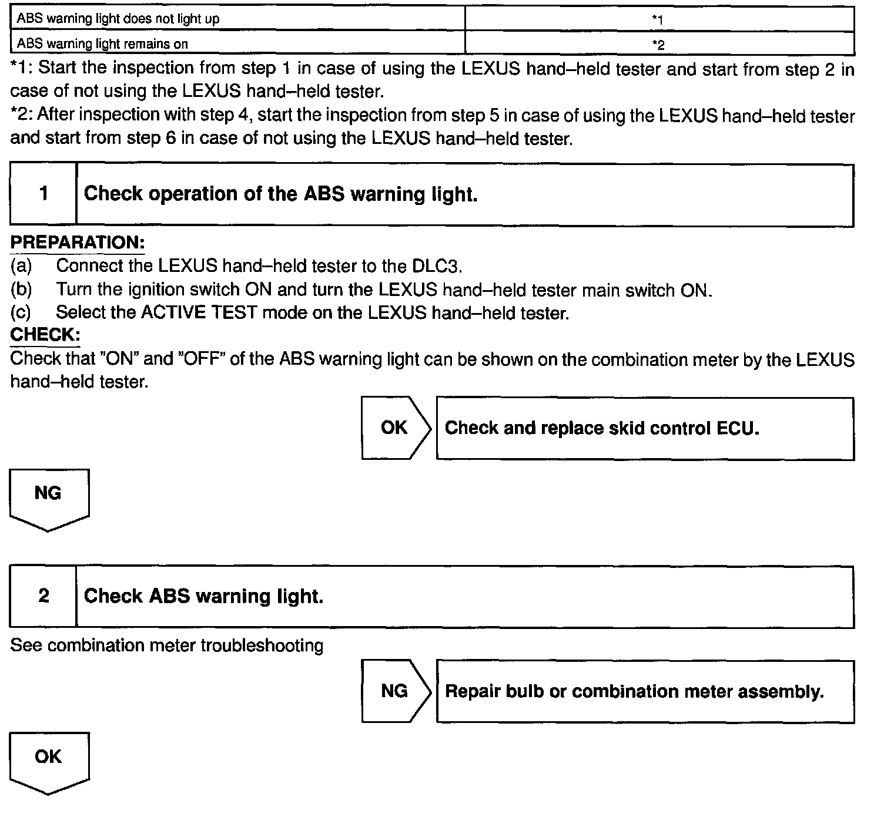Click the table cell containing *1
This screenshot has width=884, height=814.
click(659, 19)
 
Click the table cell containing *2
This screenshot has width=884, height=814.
click(659, 44)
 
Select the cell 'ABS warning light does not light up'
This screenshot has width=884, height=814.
click(237, 19)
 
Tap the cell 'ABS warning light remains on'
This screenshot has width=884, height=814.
click(237, 44)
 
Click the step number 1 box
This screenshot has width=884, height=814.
click(43, 194)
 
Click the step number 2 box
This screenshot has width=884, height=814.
click(43, 597)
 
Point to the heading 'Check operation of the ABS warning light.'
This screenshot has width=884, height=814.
click(280, 194)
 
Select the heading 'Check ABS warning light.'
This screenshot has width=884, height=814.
click(203, 597)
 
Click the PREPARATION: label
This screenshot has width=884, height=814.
click(78, 243)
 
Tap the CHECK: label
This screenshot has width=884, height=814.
click(45, 335)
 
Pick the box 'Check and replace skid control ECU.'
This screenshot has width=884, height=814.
click(645, 428)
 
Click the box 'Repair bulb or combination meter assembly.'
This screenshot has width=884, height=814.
click(645, 691)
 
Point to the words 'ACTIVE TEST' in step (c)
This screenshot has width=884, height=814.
click(199, 312)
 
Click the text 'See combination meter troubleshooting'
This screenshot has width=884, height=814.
click(167, 646)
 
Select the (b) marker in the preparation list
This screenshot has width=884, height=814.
click(21, 290)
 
